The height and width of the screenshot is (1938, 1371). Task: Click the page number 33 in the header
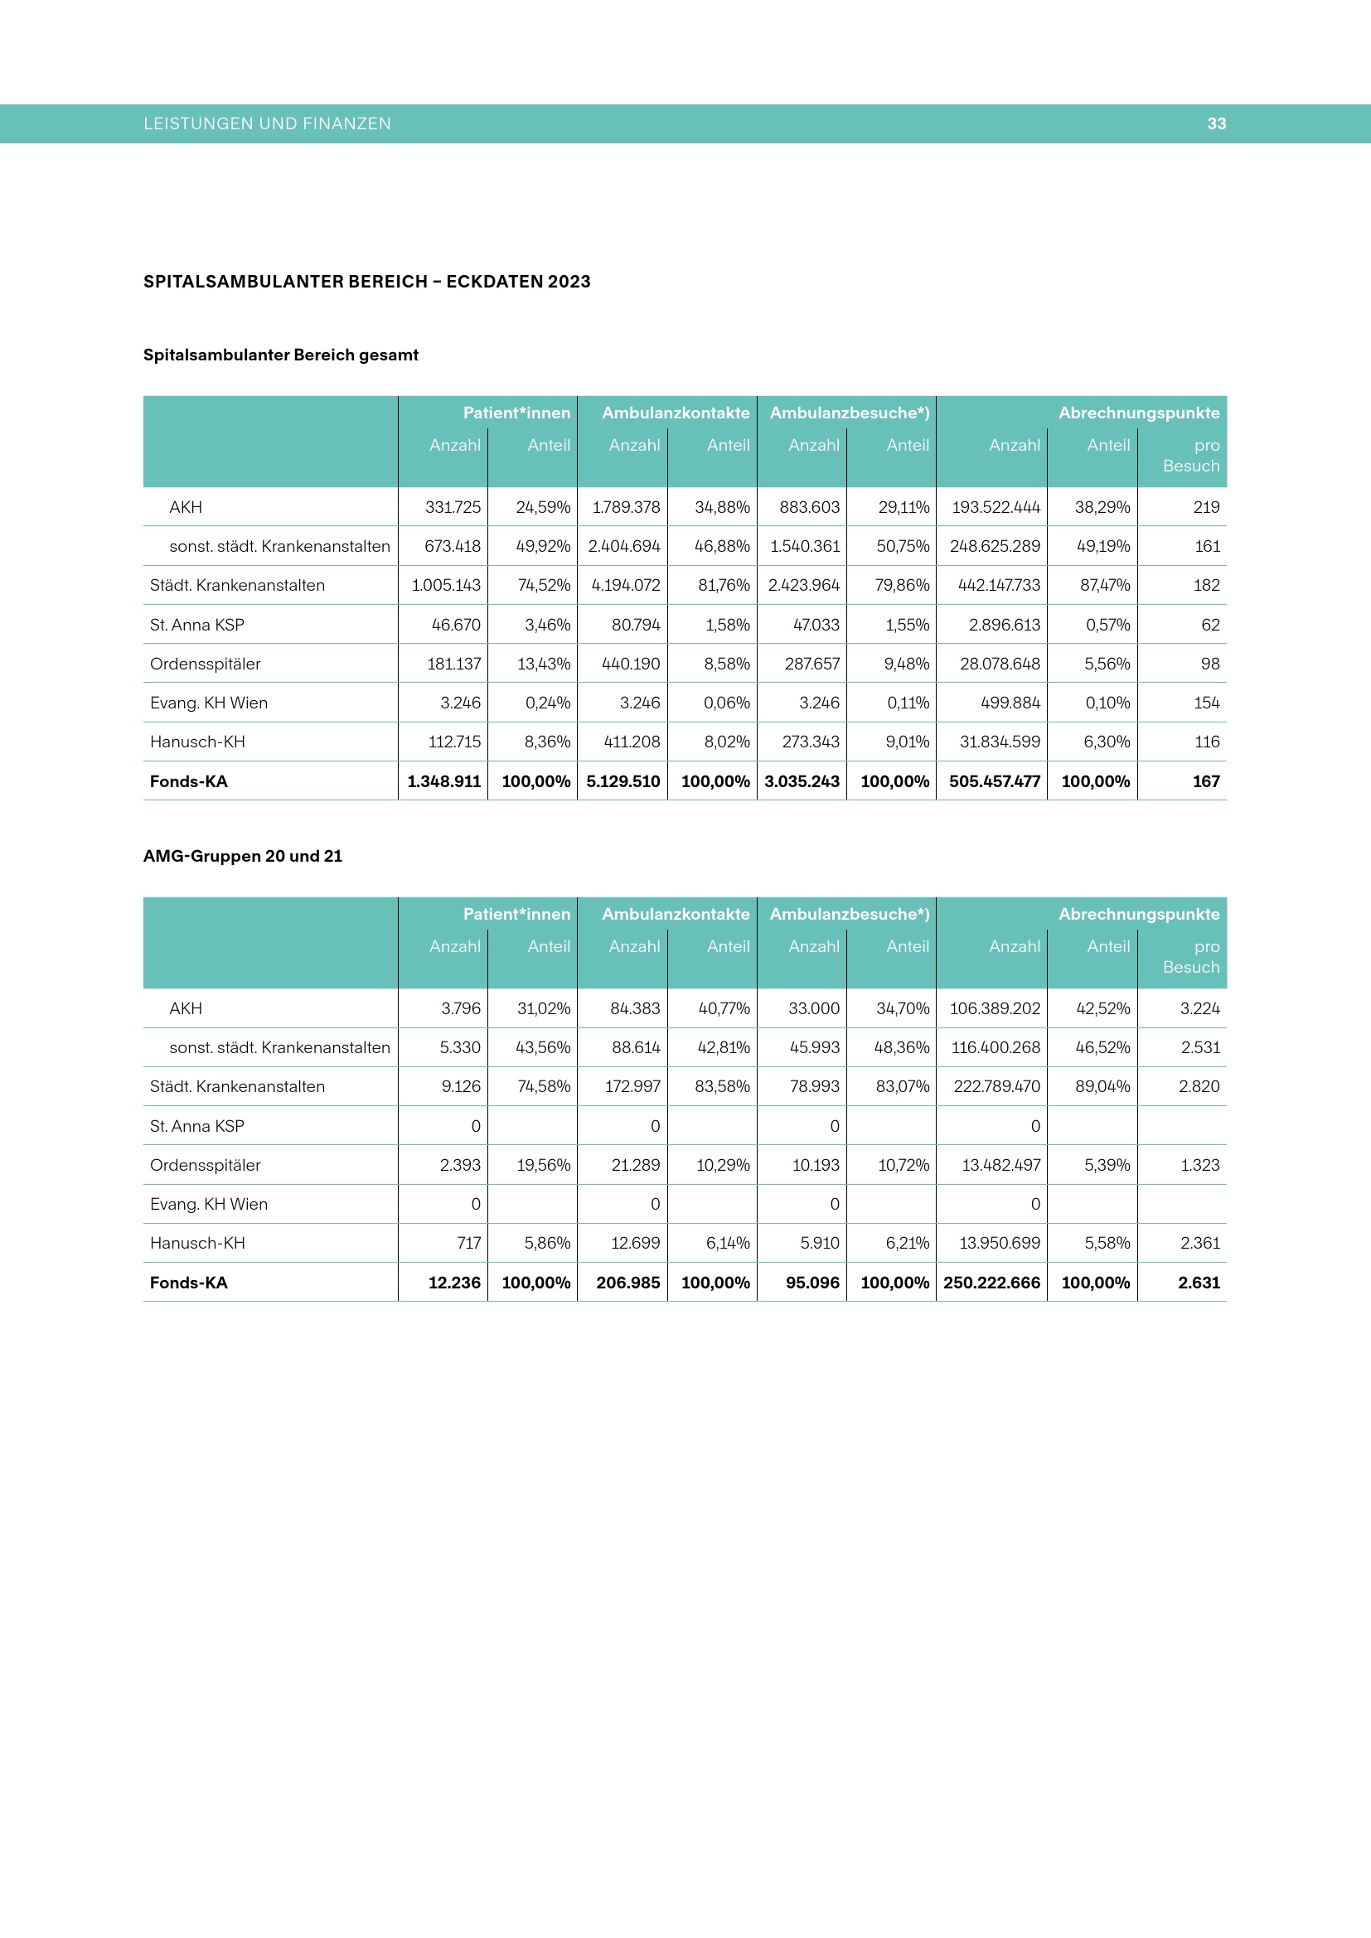tap(1216, 123)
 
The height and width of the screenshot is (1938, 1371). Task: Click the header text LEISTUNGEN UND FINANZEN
tap(267, 123)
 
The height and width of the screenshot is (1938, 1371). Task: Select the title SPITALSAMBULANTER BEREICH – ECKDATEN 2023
tap(366, 282)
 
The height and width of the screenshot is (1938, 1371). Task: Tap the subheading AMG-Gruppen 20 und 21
tap(242, 856)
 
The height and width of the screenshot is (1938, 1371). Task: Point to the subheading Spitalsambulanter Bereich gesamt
tap(280, 355)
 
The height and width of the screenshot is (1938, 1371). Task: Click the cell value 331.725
tap(453, 507)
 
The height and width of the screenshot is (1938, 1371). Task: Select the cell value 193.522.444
tap(996, 507)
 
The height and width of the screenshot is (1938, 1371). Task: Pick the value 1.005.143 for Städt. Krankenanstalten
tap(446, 585)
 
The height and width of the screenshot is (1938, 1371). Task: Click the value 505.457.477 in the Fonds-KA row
tap(994, 781)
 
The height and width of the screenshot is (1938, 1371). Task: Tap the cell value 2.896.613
tap(1004, 625)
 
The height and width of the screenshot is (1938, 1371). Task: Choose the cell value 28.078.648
tap(1000, 664)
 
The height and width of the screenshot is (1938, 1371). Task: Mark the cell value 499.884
tap(1010, 703)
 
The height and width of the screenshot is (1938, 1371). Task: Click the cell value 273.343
tap(811, 742)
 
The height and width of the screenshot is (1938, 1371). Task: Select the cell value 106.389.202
tap(995, 1008)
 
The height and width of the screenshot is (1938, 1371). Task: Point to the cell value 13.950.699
tap(1000, 1243)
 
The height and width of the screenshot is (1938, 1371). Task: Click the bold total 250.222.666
tap(991, 1283)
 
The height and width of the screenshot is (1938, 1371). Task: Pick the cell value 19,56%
tap(543, 1165)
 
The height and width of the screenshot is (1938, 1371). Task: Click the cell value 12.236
tap(454, 1283)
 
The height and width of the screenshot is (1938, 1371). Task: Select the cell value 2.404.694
tap(624, 546)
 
